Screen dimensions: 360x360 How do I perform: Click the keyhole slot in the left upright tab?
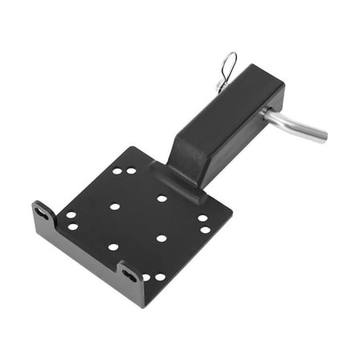pos(42,215)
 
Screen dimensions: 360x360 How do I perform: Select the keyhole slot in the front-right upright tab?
pos(130,275)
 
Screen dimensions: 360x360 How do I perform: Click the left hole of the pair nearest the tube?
pos(117,170)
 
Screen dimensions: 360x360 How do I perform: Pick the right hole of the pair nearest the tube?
pos(132,170)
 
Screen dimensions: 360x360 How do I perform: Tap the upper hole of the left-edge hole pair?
pos(71,215)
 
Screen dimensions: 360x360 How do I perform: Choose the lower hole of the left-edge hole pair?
pos(73,227)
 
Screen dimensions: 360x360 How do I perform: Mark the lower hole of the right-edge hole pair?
pos(206,230)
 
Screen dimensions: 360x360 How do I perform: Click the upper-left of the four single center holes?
pos(115,207)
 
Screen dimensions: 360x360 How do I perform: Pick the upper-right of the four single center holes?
pos(162,198)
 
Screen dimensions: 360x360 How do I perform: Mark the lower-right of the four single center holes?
pos(162,239)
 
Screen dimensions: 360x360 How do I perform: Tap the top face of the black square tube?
pos(217,105)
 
